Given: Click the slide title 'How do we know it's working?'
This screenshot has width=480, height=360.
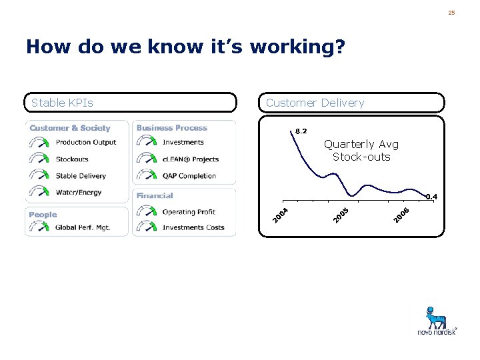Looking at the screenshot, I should (x=185, y=47).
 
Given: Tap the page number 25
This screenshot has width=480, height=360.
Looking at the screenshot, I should (x=451, y=13).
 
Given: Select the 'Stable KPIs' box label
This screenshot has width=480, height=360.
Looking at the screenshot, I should (x=62, y=103).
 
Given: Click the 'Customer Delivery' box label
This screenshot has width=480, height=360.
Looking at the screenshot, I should (x=315, y=103).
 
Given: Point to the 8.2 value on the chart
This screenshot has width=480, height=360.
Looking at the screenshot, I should (x=301, y=131).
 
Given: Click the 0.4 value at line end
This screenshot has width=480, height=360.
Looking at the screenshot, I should (x=431, y=197).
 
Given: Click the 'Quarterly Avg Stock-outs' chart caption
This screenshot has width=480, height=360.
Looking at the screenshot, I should (x=361, y=151).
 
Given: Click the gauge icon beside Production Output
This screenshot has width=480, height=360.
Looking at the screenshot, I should (x=39, y=142).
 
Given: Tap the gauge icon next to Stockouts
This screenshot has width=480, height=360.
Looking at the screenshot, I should (x=39, y=159).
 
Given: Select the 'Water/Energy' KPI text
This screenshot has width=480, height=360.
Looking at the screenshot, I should (x=79, y=193).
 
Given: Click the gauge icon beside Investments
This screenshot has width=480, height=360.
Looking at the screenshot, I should (x=147, y=142).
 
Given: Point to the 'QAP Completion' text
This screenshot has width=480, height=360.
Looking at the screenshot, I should (x=189, y=176).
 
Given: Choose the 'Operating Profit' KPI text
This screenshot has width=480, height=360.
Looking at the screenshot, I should (x=189, y=212).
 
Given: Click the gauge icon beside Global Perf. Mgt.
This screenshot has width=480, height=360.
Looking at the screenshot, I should (x=39, y=227).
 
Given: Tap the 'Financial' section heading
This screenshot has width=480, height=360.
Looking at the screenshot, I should (x=155, y=196).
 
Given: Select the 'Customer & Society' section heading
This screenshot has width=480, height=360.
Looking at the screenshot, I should (x=70, y=128).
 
